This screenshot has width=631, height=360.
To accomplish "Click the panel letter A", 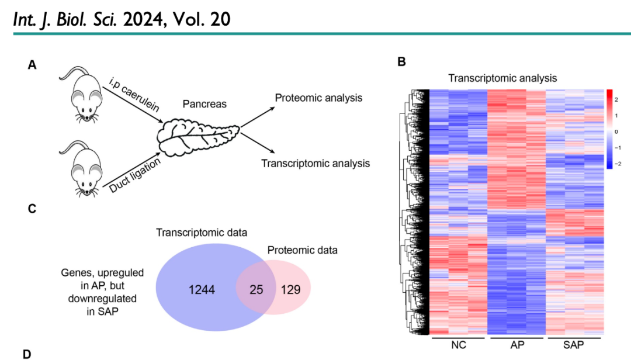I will pyautogui.click(x=32, y=65).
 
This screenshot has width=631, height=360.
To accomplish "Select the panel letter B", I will pyautogui.click(x=401, y=61).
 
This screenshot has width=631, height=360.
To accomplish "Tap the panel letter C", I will pyautogui.click(x=32, y=209).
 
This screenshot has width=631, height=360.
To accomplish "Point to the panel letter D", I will pyautogui.click(x=26, y=354).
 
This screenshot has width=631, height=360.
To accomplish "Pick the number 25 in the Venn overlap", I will pyautogui.click(x=255, y=289).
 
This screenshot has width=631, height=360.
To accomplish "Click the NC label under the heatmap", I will pyautogui.click(x=459, y=345).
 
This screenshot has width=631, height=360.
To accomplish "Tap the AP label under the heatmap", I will pyautogui.click(x=517, y=345).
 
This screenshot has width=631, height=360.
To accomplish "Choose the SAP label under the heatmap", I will pyautogui.click(x=573, y=345).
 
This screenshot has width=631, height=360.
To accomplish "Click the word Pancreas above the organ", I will pyautogui.click(x=204, y=104).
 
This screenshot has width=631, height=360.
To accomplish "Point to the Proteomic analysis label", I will pyautogui.click(x=318, y=98).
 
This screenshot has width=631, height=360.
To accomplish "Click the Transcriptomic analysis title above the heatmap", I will pyautogui.click(x=502, y=78).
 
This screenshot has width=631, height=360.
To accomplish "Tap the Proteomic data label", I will pyautogui.click(x=303, y=251).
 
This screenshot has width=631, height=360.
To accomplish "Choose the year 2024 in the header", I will pyautogui.click(x=148, y=19).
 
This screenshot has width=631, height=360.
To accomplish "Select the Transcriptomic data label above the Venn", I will pyautogui.click(x=202, y=233).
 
